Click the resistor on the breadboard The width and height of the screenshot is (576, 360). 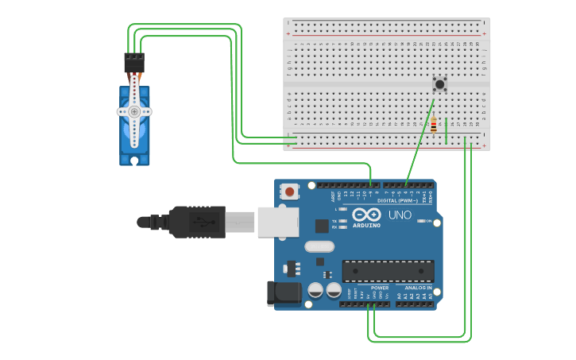433,126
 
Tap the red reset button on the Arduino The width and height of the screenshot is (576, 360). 290,192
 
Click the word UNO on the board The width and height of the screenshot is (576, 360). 400,215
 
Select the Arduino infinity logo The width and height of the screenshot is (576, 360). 366,215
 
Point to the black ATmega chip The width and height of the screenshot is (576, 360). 388,271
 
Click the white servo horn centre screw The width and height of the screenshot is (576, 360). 134,112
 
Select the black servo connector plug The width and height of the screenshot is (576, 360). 134,63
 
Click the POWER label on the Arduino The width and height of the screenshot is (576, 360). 380,288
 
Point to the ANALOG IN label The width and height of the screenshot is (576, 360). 418,288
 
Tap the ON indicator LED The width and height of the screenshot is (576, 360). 419,221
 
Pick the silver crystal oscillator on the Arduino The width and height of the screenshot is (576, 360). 319,246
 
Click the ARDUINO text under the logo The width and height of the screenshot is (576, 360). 366,225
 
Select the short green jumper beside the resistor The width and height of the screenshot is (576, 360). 446,131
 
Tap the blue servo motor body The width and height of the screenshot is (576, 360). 134,135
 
